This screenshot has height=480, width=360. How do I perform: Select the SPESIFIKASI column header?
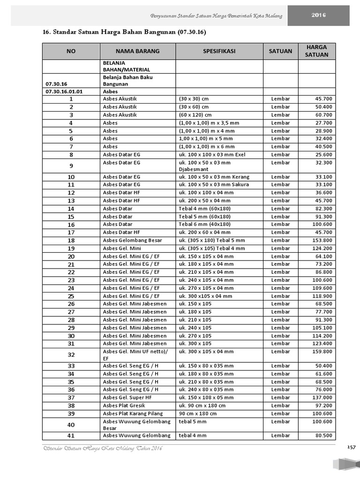point(219,51)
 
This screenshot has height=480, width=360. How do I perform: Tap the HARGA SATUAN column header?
point(316,51)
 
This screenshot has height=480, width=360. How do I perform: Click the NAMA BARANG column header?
point(137,51)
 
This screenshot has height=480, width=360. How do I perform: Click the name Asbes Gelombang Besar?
point(132,240)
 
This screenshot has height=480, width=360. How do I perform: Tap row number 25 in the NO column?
point(71,296)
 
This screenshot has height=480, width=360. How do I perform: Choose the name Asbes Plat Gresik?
point(124,405)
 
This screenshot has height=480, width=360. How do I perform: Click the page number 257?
point(352,448)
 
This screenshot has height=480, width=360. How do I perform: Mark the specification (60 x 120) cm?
point(195,115)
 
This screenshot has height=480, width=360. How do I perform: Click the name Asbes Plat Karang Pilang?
point(133,413)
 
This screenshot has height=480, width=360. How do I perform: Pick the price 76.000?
point(324,390)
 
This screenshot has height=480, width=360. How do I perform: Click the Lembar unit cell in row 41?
point(280,435)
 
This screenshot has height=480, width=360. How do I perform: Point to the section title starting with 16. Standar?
point(124,32)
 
